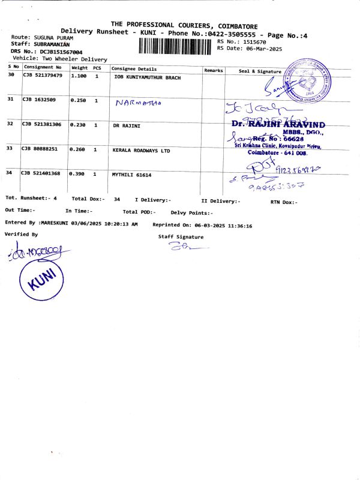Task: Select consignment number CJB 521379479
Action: point(42,76)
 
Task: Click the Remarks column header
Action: point(214,70)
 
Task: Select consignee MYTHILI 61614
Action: point(132,174)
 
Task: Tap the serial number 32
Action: point(10,124)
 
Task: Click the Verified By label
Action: point(21,235)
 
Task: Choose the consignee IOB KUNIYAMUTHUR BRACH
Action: point(146,77)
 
